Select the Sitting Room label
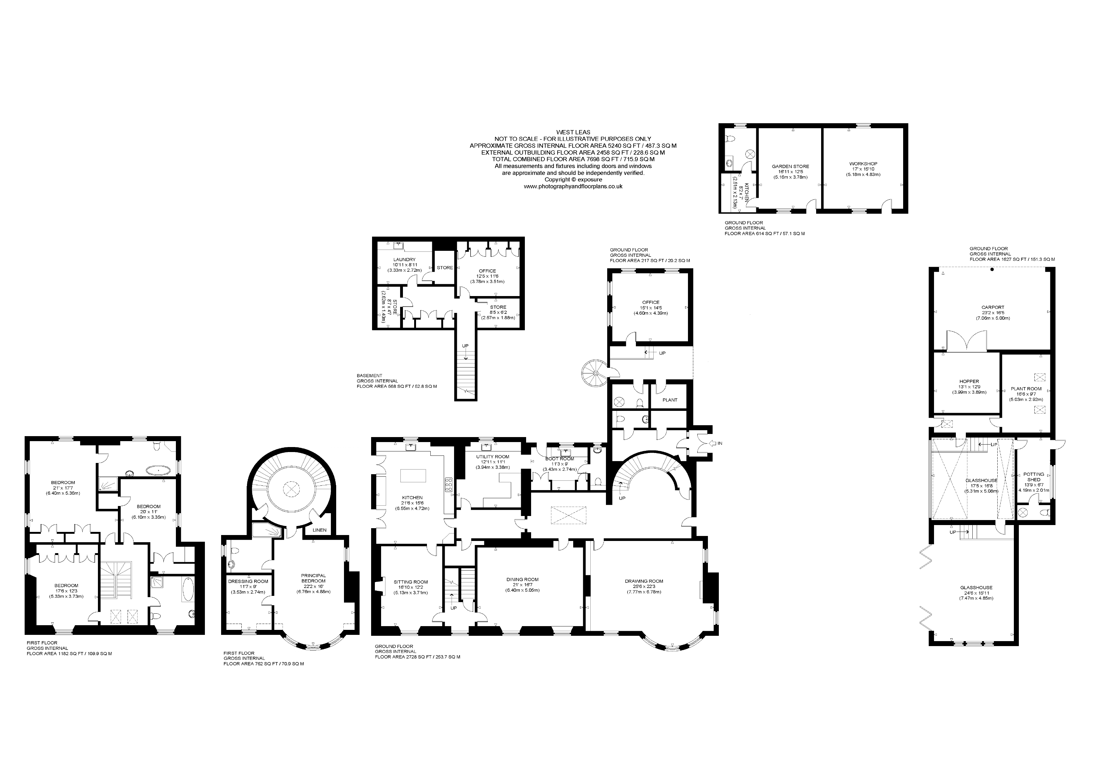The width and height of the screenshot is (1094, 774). [x=411, y=582]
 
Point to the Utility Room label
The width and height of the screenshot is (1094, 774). [x=493, y=457]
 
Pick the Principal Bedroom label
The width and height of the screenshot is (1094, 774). [x=313, y=578]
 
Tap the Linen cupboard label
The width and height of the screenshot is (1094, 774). [x=320, y=530]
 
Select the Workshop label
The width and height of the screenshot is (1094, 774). [x=863, y=163]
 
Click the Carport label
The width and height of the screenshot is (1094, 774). [x=993, y=307]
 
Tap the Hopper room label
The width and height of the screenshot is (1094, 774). [x=969, y=381]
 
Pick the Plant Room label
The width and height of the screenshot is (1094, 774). [x=1026, y=388]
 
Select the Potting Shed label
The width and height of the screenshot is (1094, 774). [x=1033, y=477]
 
